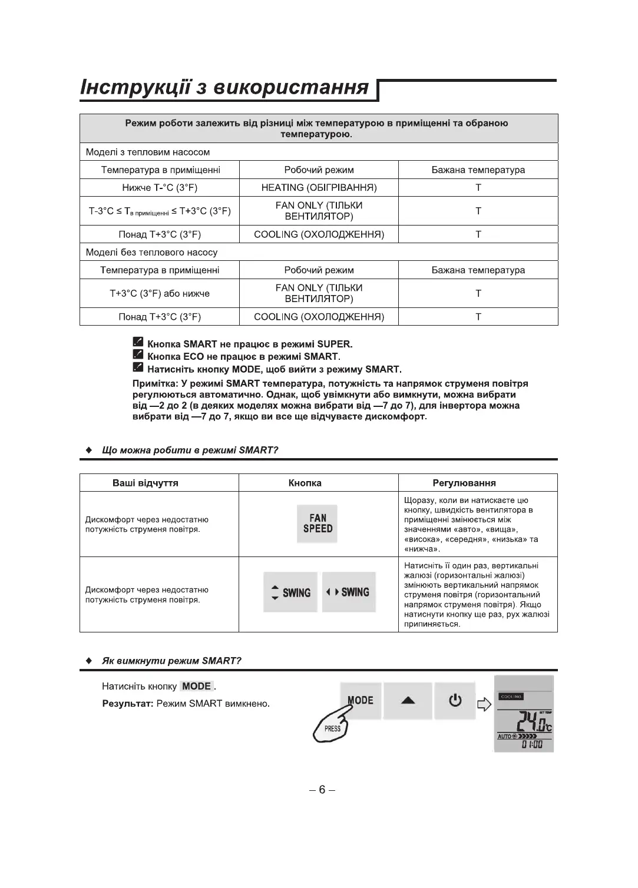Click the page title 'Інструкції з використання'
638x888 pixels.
coord(224,88)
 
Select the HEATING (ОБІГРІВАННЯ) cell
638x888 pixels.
coord(319,188)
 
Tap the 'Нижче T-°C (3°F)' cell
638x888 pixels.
coord(160,188)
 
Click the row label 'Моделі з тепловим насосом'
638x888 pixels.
coord(148,152)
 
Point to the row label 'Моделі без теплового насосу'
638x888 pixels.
coord(151,252)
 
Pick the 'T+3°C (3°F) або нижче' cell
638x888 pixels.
coord(160,293)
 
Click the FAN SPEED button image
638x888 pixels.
coord(318,523)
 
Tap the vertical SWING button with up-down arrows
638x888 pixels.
coord(290,592)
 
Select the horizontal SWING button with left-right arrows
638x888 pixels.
coord(349,592)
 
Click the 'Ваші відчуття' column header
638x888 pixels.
coord(146,483)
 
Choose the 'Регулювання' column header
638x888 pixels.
coord(464,483)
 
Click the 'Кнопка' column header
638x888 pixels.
coord(305,483)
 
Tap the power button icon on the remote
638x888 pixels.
coord(455,701)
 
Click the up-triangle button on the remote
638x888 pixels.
coord(408,701)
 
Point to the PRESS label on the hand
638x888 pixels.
coord(332,728)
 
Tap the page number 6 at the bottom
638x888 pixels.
coord(322,790)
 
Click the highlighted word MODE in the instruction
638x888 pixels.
coord(197,686)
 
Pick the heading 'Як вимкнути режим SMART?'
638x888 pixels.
coord(171,661)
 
